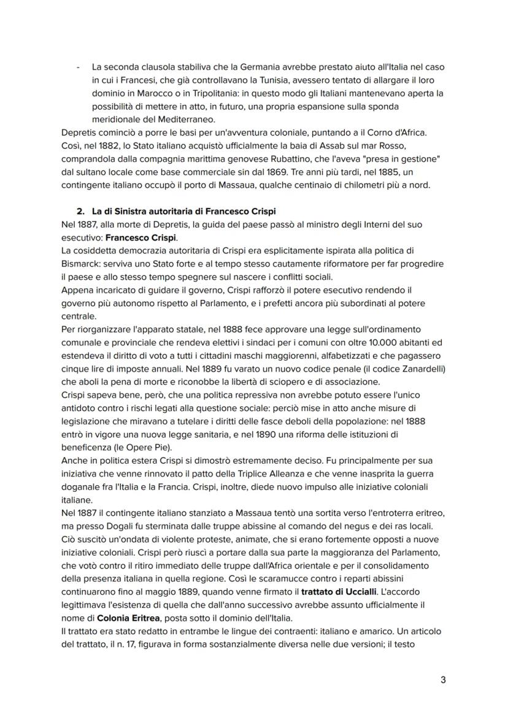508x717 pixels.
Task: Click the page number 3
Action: point(443,680)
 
